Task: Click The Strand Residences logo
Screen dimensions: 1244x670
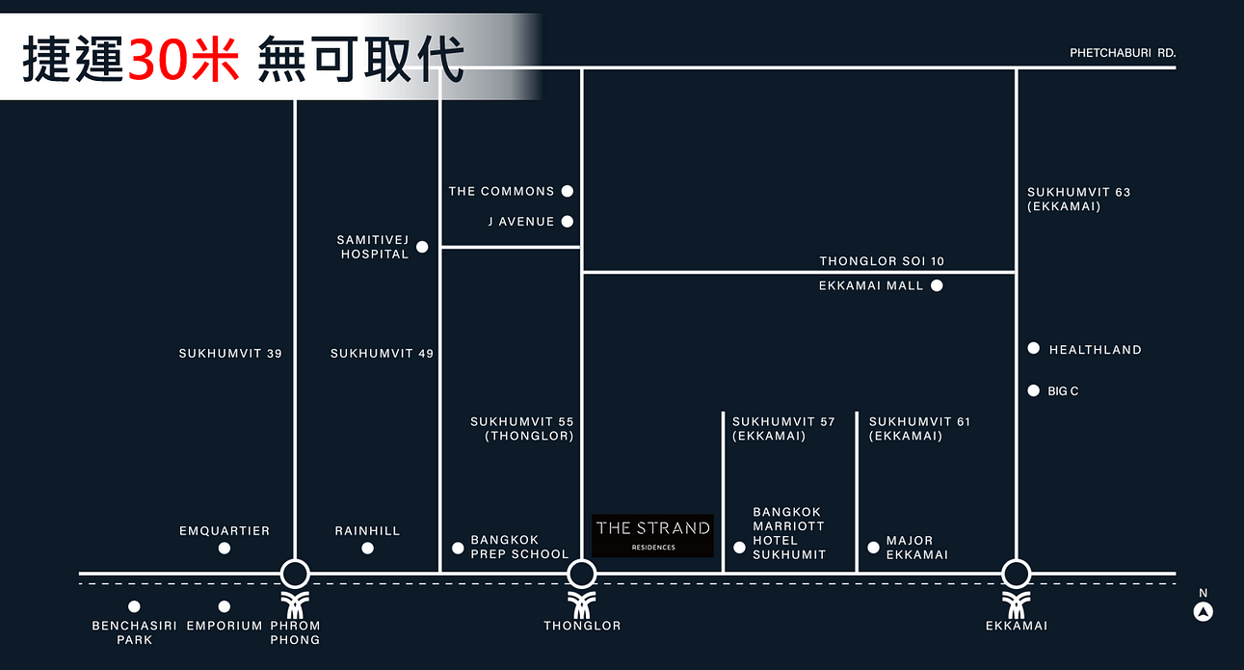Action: click(x=652, y=535)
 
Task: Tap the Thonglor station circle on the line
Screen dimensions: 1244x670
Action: click(x=582, y=575)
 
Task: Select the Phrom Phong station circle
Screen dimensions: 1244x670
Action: click(x=295, y=575)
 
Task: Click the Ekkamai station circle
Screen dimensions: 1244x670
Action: click(x=1017, y=575)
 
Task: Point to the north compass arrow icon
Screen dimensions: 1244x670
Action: click(x=1203, y=611)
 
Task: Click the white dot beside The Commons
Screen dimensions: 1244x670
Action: click(x=568, y=191)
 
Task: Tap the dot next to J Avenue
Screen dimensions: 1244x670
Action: click(x=568, y=222)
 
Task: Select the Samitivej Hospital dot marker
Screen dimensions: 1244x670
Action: click(x=421, y=248)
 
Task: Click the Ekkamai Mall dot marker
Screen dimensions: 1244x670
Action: click(x=937, y=285)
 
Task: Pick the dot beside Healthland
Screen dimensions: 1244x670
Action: click(x=1034, y=348)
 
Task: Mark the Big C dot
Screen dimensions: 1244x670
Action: click(x=1034, y=390)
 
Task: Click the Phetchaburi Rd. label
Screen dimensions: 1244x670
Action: click(x=1123, y=53)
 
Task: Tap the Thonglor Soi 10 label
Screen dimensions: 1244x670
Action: click(x=882, y=261)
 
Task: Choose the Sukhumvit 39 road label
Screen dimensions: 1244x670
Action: click(x=230, y=354)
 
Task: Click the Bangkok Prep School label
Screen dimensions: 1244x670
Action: click(x=519, y=547)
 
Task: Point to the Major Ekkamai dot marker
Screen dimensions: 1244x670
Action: click(x=873, y=548)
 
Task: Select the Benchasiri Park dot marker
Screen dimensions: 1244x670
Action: click(x=134, y=606)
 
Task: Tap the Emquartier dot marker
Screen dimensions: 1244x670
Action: click(x=225, y=548)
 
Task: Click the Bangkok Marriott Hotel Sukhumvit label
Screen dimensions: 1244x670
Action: click(x=789, y=533)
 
